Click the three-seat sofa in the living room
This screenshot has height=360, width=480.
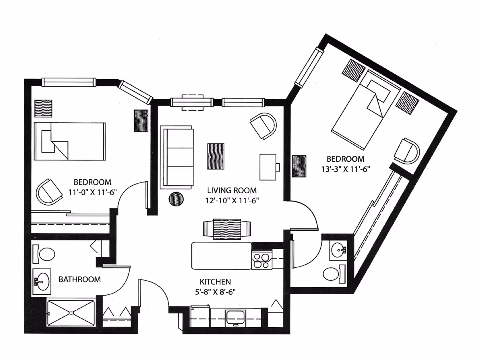[176, 157]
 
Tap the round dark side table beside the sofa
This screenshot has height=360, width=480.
[176, 199]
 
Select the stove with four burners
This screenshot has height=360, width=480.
[262, 260]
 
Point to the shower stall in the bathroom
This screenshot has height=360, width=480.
[71, 313]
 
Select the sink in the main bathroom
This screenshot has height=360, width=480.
[42, 281]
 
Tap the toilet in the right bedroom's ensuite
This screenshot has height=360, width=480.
[332, 274]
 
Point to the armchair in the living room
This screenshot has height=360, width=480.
[264, 126]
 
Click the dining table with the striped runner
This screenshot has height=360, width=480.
[227, 229]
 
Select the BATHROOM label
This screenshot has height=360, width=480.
[80, 279]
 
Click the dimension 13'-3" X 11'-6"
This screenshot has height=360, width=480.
[345, 168]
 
